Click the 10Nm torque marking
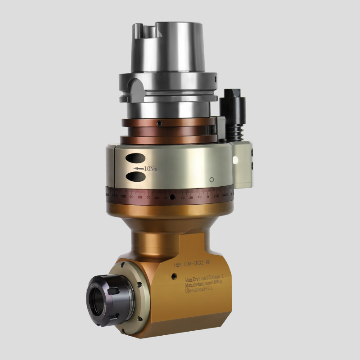150,169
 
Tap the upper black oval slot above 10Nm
135,158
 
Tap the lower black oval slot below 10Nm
135,177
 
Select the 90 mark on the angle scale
131,197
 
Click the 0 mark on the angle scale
208,197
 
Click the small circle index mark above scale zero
211,180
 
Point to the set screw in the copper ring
159,123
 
